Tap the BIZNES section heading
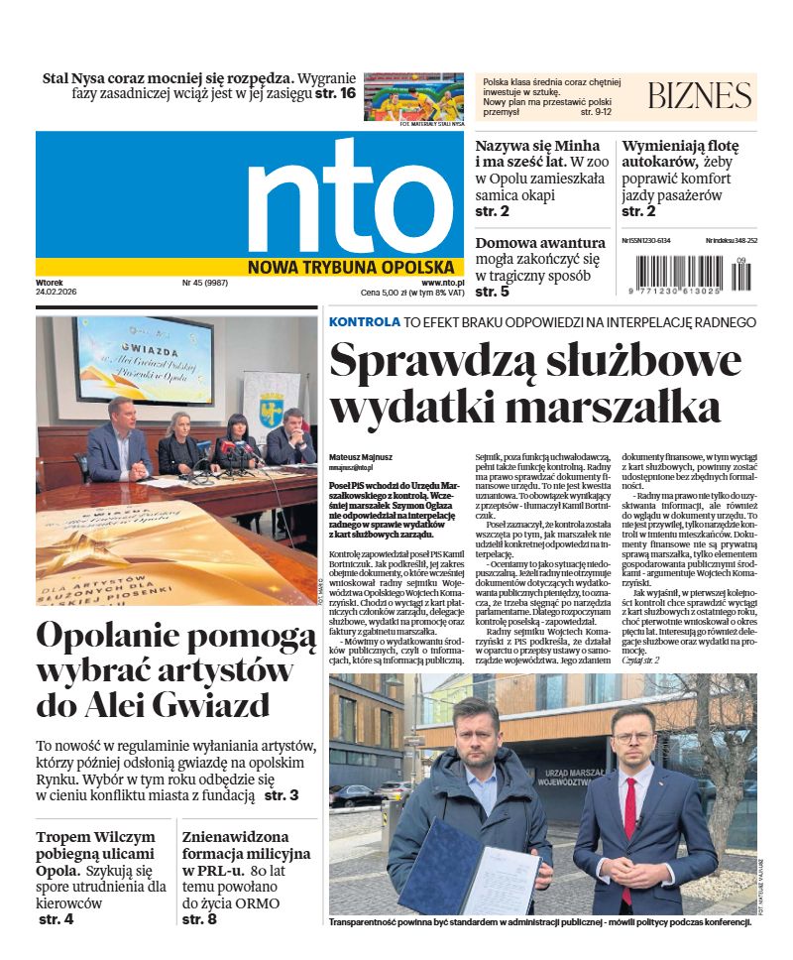coord(699,96)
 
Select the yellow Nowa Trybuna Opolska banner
coord(352,267)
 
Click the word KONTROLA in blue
coord(365,322)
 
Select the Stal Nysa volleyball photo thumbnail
coord(413,96)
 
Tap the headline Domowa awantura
coord(540,243)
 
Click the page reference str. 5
coord(492,292)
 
